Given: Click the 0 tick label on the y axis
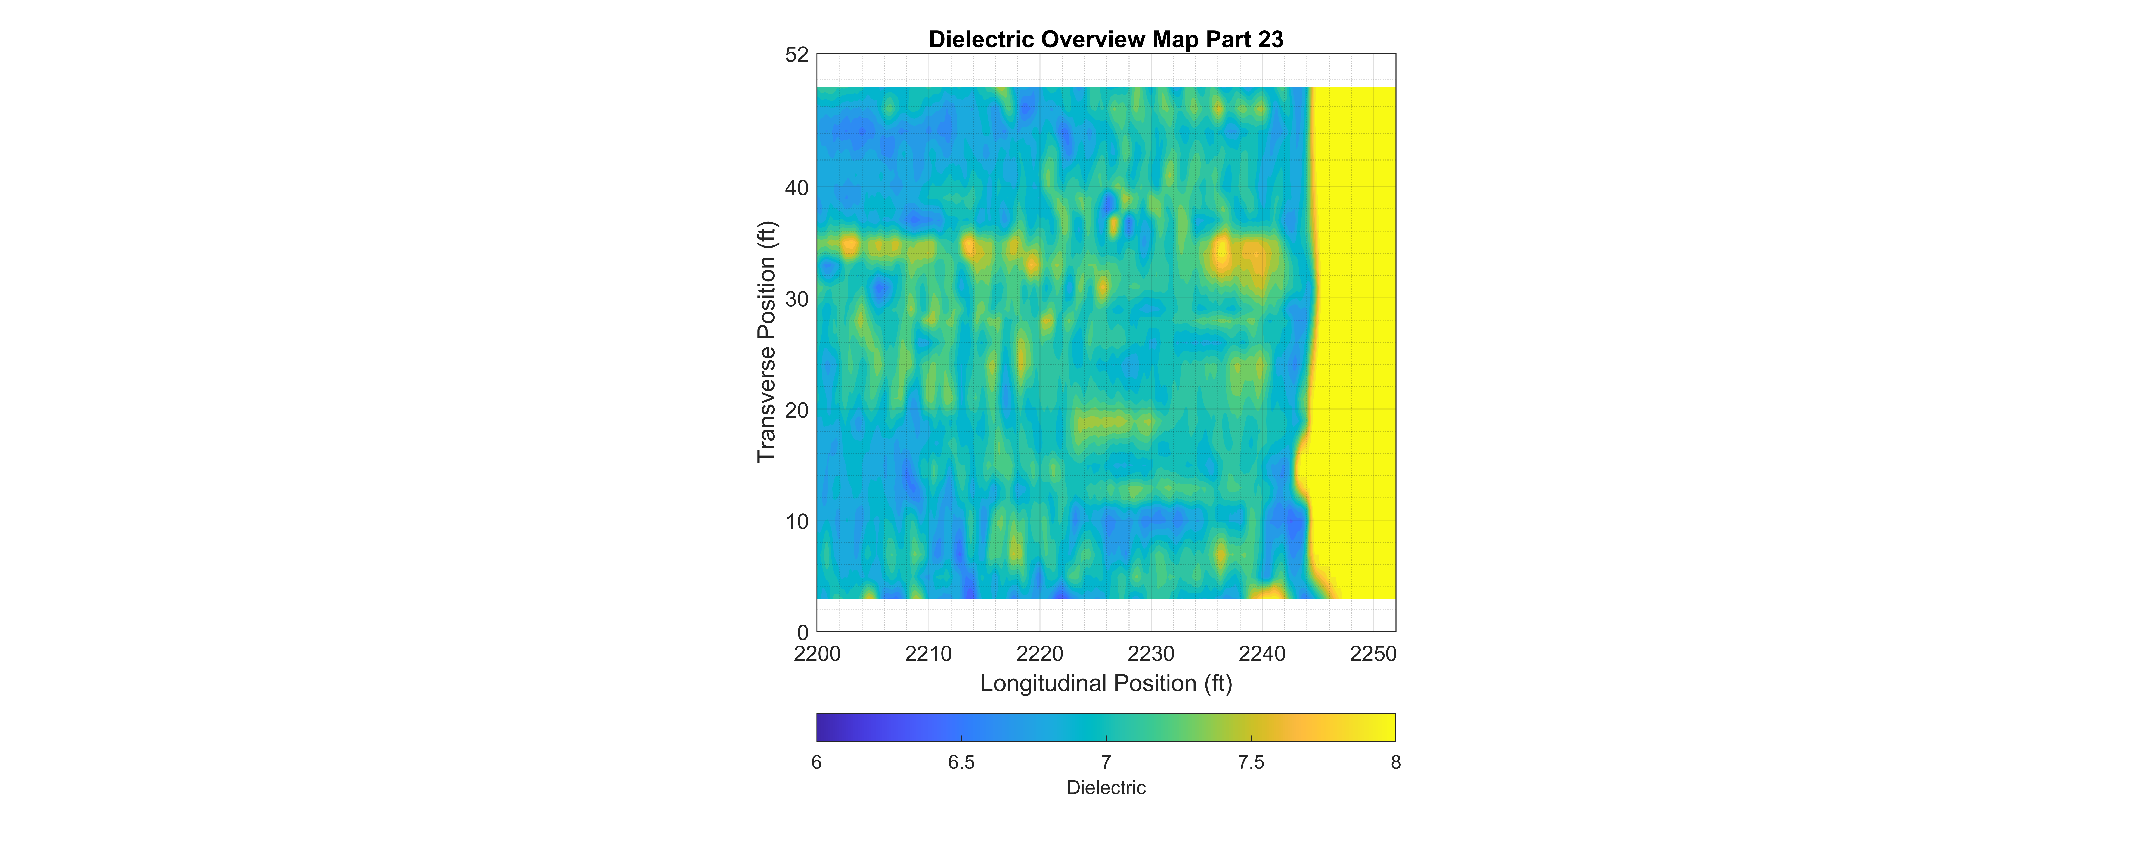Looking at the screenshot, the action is [x=803, y=632].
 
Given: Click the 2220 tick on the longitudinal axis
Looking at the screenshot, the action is [x=1040, y=654].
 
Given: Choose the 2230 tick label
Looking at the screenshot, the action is [x=1151, y=654].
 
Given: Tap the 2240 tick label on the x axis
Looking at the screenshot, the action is [x=1262, y=654].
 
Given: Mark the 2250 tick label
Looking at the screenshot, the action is [x=1374, y=654].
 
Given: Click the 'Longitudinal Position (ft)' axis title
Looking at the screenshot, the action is [x=1106, y=683].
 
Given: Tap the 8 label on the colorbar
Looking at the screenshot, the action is [x=1396, y=762].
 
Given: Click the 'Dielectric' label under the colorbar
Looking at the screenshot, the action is [x=1106, y=788].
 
